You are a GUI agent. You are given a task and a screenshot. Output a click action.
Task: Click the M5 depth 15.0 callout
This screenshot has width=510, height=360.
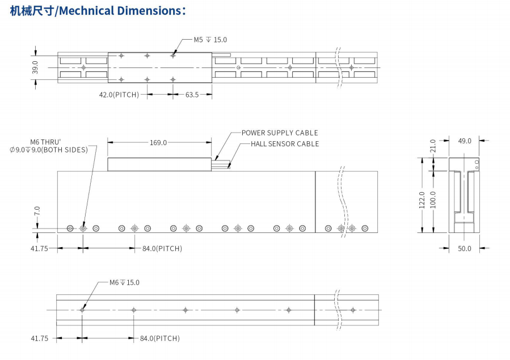coord(210,40)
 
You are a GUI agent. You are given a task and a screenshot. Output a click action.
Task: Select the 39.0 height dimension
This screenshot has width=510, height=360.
coord(35,67)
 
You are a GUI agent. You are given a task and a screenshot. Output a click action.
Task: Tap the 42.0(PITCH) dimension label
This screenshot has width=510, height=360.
coord(119,95)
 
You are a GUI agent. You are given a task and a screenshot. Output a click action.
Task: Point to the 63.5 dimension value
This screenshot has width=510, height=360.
coord(192,95)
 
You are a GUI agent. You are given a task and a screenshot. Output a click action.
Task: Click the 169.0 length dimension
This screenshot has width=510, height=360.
coord(158,142)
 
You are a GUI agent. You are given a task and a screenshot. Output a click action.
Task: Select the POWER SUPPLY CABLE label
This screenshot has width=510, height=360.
coord(280,133)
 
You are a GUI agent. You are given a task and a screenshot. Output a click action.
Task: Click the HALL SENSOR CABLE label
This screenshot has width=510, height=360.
coord(285,144)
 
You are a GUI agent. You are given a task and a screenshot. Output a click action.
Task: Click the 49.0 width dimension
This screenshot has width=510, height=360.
coord(465,141)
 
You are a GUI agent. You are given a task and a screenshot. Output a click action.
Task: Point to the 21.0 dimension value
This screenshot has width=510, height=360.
coord(433,146)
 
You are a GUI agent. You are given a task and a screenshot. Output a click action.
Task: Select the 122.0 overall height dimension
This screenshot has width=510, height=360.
coord(422,200)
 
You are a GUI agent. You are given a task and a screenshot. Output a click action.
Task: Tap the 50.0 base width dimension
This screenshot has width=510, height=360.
coord(465,248)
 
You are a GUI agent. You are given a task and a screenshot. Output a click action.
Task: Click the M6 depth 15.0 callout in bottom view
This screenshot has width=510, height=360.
coord(124,282)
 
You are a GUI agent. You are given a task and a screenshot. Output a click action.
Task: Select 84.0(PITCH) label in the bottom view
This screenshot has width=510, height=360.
coord(159,338)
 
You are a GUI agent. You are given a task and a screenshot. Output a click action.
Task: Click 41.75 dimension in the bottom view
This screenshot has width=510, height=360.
coord(39,338)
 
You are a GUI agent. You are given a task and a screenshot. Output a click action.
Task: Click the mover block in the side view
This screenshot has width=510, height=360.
coord(159,164)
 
